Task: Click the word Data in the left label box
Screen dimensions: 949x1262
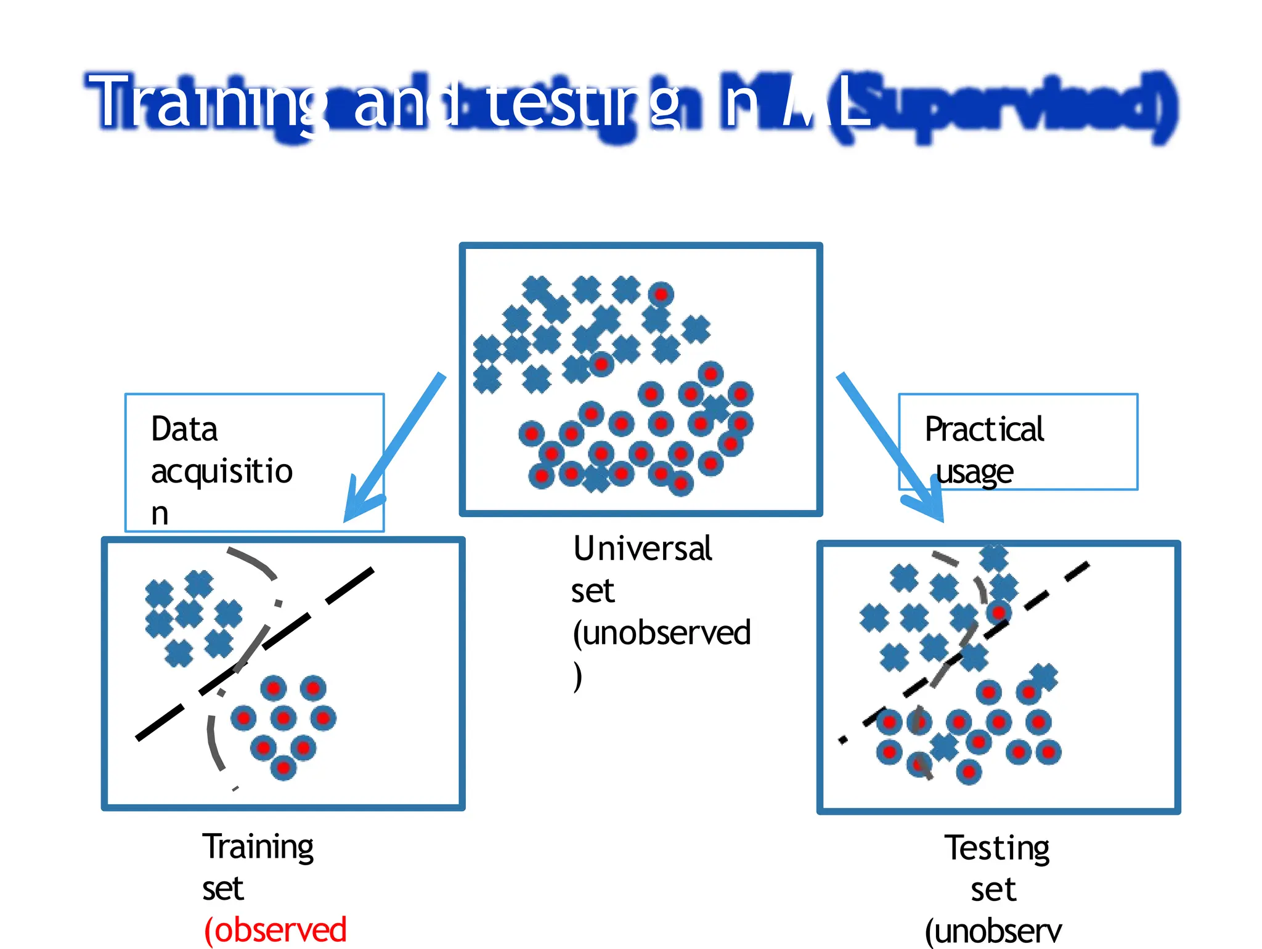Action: click(x=184, y=429)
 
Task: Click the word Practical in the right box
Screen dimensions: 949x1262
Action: click(x=984, y=429)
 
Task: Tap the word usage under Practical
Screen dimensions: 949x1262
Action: click(x=974, y=472)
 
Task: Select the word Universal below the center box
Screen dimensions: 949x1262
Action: click(x=642, y=548)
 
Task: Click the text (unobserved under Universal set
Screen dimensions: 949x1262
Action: click(x=661, y=633)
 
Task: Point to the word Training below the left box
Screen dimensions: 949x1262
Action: click(x=258, y=847)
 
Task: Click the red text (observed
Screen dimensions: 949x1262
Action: click(x=275, y=929)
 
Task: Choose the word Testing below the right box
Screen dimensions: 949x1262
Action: click(x=997, y=848)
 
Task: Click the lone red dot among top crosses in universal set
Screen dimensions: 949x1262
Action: click(x=661, y=294)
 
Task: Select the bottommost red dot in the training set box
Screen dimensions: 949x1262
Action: click(x=283, y=768)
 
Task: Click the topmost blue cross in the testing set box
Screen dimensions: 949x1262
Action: click(x=993, y=558)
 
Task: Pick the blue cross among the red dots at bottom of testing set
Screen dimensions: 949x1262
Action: click(x=944, y=747)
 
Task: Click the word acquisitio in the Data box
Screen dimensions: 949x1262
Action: click(x=222, y=472)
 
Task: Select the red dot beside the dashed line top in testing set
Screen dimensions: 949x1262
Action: click(x=998, y=612)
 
